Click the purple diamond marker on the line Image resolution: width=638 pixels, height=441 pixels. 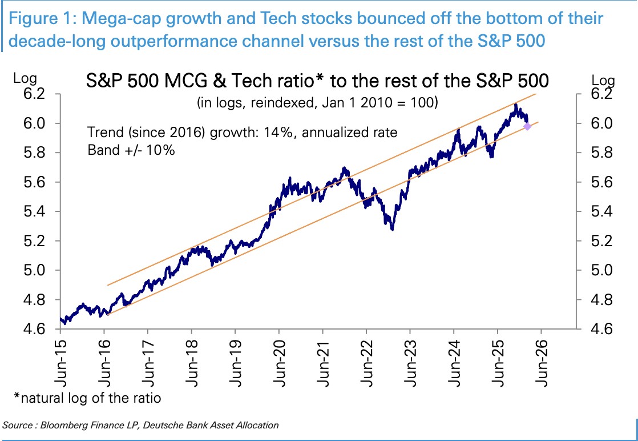tap(528, 126)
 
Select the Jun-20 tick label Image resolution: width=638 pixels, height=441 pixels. tap(280, 359)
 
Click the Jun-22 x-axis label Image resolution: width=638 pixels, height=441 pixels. tap(367, 359)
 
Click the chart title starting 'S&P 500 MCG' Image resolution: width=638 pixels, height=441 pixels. tap(317, 82)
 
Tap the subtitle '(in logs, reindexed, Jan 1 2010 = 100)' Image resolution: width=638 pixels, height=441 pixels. tap(317, 103)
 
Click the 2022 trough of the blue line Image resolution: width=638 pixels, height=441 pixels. tap(392, 229)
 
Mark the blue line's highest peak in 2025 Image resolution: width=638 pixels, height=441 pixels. tap(515, 105)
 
